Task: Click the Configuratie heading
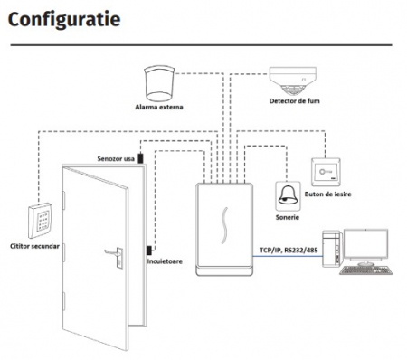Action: click(64, 21)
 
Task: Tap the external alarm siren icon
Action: click(159, 83)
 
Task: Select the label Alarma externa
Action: click(159, 107)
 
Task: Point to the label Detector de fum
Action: click(295, 101)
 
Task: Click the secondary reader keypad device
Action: click(40, 221)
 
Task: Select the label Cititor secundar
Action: click(34, 246)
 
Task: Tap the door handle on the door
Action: click(114, 256)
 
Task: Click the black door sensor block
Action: click(140, 158)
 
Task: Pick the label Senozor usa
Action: click(116, 159)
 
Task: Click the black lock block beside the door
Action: click(149, 251)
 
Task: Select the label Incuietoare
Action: click(165, 261)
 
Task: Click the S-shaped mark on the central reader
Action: click(224, 225)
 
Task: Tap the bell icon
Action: click(288, 195)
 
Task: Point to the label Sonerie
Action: click(288, 217)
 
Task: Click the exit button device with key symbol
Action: click(326, 172)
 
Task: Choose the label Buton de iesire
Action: click(327, 194)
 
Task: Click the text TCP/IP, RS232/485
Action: click(289, 250)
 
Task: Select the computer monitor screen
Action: click(366, 245)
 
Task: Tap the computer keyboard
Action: click(366, 270)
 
